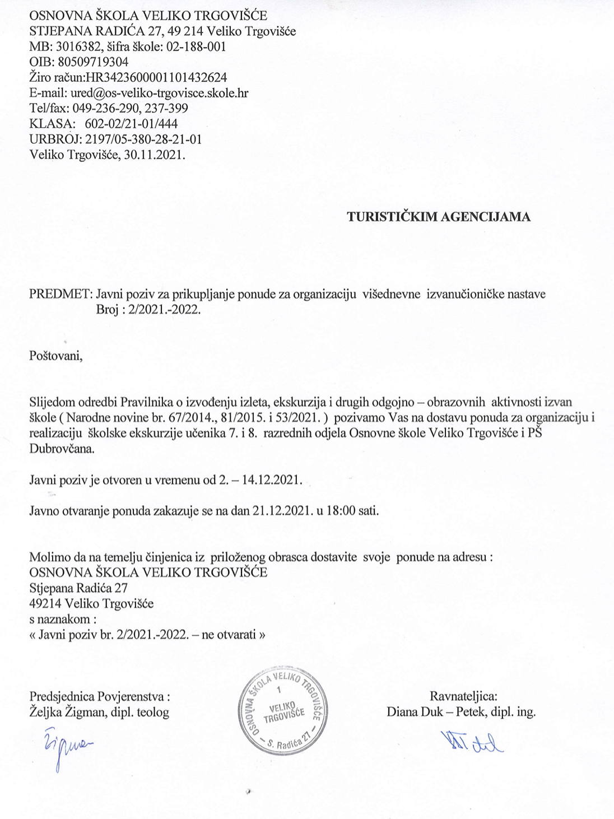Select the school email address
[159, 92]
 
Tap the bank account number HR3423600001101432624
[152, 77]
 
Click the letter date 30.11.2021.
[157, 154]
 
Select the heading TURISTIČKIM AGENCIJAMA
[439, 217]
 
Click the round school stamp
[282, 710]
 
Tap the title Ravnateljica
[463, 697]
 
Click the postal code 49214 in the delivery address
[45, 604]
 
